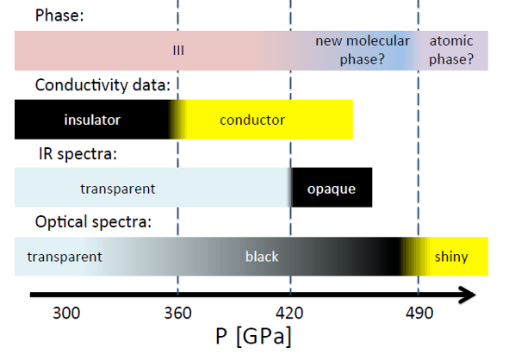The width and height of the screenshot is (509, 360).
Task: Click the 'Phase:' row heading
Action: click(59, 16)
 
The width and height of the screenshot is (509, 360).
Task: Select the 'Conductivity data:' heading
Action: click(102, 85)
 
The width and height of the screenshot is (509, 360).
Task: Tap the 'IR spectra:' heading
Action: click(78, 154)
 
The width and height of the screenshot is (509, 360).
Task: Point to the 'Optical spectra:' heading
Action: click(93, 222)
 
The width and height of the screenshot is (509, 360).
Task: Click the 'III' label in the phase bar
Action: click(178, 51)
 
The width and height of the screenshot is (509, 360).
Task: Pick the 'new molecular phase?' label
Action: click(363, 50)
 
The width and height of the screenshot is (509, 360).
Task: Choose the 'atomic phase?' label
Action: click(451, 50)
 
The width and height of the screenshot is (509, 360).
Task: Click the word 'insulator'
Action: click(92, 120)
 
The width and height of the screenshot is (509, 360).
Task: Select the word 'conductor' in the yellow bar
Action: click(252, 120)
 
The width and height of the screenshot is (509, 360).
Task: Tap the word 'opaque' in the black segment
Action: click(332, 189)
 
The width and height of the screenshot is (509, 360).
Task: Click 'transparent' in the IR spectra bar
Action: click(118, 189)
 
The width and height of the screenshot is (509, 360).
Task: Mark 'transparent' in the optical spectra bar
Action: click(65, 257)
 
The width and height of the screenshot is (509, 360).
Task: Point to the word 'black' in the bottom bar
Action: click(262, 257)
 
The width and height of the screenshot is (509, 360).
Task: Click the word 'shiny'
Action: click(451, 257)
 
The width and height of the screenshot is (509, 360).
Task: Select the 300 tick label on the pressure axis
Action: click(66, 313)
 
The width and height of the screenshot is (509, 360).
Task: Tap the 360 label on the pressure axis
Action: click(178, 313)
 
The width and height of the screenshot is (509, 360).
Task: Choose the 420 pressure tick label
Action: click(289, 313)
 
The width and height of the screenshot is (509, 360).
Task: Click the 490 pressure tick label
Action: click(419, 313)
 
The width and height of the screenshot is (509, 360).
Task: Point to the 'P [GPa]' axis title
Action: click(253, 337)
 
